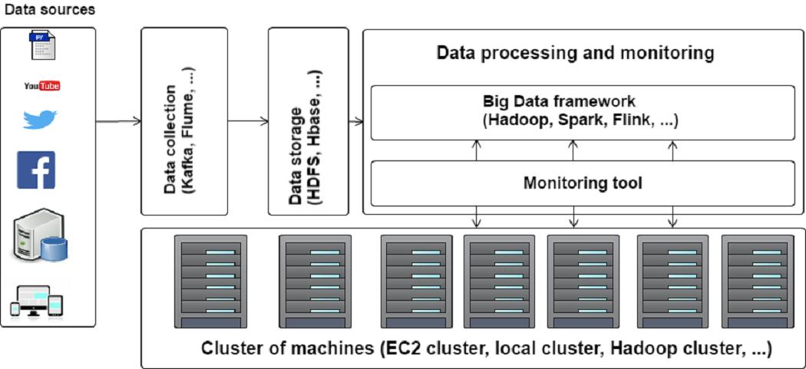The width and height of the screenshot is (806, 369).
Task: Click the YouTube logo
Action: pos(42,85)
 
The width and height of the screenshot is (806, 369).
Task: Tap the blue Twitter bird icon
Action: pos(41,120)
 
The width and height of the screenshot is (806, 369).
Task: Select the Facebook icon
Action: pos(36,170)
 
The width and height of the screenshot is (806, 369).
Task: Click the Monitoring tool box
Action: pos(582,183)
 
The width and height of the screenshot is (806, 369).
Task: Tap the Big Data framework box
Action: pos(582,112)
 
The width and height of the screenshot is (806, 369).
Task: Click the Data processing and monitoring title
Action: pos(575,54)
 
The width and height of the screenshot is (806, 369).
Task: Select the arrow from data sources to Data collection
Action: pos(118,121)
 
